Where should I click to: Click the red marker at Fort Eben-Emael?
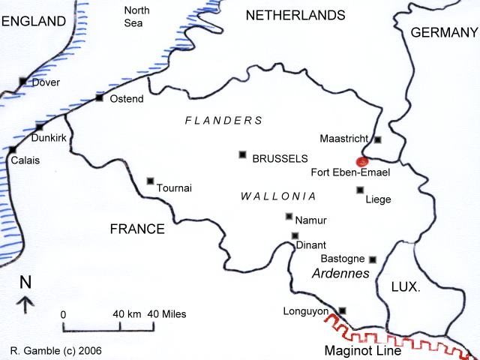tap(362, 160)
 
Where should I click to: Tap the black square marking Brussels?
tap(242, 154)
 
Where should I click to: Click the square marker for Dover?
tap(23, 81)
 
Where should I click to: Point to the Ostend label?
tap(126, 99)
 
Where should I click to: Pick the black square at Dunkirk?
tap(40, 127)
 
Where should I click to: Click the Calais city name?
tap(24, 160)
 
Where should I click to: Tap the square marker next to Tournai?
tap(151, 181)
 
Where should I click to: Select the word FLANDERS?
tap(223, 120)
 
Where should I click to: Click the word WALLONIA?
tap(278, 196)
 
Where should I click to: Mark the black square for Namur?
tap(289, 217)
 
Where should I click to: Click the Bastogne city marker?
tap(373, 259)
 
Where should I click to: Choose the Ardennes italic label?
tap(340, 274)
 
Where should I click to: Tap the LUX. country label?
tap(406, 287)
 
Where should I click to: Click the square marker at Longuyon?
tap(343, 310)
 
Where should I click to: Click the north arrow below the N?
tap(26, 304)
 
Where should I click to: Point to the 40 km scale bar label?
tap(129, 313)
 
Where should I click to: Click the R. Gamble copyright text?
tap(56, 350)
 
